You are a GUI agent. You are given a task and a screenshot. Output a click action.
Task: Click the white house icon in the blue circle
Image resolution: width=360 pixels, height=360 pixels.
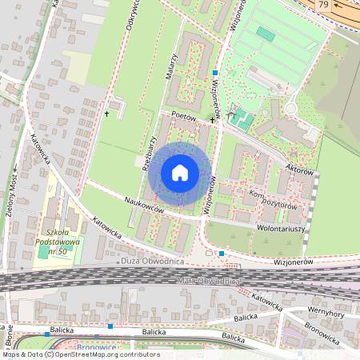point(180,172)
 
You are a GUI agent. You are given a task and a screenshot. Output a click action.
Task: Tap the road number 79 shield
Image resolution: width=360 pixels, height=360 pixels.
point(322,5)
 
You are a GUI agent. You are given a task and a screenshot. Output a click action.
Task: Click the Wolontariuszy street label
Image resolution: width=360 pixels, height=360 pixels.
point(279,226)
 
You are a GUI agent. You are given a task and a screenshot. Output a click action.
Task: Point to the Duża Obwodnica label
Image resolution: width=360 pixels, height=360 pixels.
point(154,262)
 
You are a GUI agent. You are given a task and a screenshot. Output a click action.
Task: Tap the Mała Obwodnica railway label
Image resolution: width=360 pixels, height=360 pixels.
point(206,281)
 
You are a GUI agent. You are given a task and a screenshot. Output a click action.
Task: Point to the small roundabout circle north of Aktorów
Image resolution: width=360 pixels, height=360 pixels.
point(290,108)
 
